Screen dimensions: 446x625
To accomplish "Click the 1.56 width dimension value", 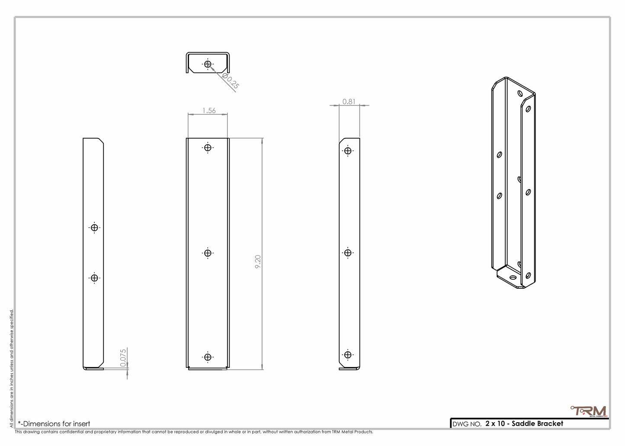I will coord(209,111).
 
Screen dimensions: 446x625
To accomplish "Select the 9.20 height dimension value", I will coord(258,262).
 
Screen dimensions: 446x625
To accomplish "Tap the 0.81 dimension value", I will coord(349,102).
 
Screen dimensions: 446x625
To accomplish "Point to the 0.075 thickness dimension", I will coord(123,358).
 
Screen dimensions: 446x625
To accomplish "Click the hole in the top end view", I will coord(208,64).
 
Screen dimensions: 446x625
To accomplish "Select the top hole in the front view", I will coord(208,148).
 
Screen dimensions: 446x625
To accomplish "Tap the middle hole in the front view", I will coord(208,253).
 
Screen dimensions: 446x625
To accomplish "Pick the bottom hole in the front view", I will coord(208,357).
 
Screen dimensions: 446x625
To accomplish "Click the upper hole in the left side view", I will coord(94,227).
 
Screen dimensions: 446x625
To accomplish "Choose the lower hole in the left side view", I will coord(94,278).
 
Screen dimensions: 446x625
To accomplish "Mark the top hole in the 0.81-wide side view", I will coord(348,151).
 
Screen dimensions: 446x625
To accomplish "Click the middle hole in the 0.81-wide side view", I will coord(348,253).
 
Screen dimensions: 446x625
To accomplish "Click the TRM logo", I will coord(589,411).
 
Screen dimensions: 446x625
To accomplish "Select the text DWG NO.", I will coord(467,424).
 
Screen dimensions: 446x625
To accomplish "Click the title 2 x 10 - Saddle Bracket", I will coord(524,424).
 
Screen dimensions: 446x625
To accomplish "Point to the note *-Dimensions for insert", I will coord(54,424).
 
